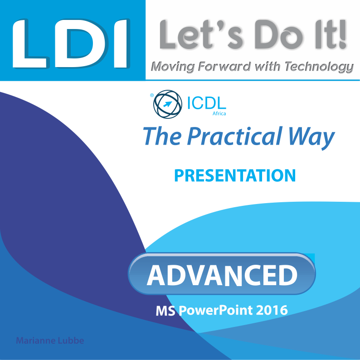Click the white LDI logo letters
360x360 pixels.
[71, 44]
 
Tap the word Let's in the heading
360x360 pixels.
[201, 34]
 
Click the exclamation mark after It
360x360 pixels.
[342, 34]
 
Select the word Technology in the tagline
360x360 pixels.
[319, 67]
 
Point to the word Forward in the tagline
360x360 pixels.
[224, 66]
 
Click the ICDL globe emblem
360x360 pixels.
[168, 104]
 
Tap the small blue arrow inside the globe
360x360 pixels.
[168, 104]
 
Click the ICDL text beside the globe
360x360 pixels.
[207, 103]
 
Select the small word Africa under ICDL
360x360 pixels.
[219, 113]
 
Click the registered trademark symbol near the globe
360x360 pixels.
[152, 95]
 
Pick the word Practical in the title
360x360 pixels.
[234, 136]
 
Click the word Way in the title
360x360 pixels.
[311, 138]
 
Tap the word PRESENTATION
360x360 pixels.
[235, 175]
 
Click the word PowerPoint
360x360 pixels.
[215, 311]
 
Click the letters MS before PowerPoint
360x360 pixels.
[165, 311]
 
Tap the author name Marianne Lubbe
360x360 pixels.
[50, 341]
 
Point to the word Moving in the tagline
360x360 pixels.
[173, 67]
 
